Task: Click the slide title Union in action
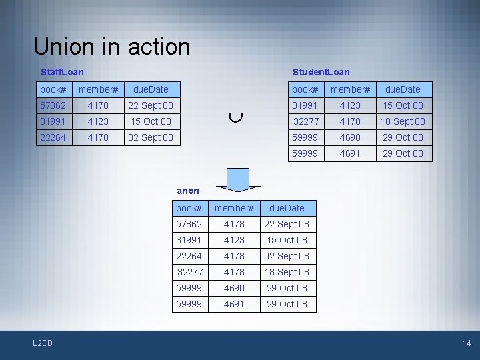[111, 47]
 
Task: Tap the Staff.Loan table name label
[62, 71]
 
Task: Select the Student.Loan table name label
[321, 71]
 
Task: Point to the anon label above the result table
[188, 191]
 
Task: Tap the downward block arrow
[234, 177]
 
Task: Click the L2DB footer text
[43, 343]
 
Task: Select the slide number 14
[466, 343]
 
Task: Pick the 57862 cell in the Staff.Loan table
[53, 105]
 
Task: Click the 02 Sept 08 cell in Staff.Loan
[151, 137]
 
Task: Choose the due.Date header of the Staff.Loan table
[151, 89]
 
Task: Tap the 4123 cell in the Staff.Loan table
[98, 121]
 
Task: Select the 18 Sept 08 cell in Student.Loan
[402, 121]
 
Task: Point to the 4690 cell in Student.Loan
[350, 137]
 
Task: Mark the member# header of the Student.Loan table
[350, 89]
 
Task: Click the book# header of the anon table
[189, 208]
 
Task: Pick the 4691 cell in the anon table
[234, 304]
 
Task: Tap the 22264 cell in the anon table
[189, 256]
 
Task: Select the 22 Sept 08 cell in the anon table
[287, 224]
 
